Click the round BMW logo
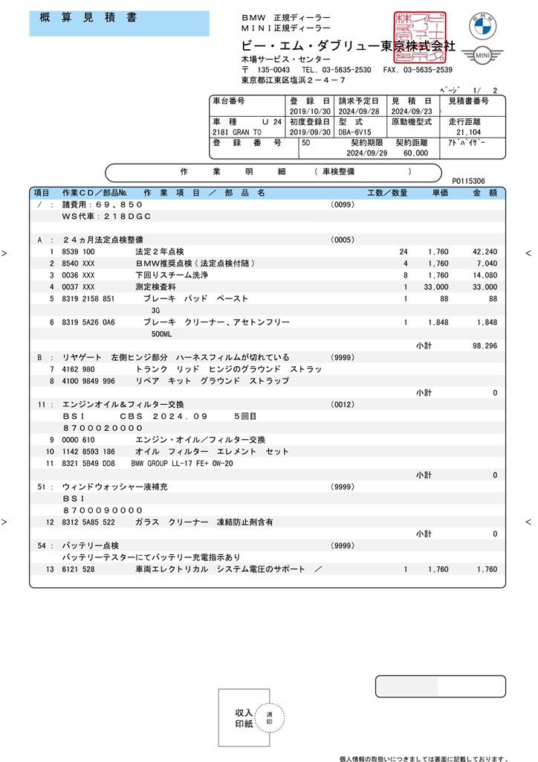click(482, 26)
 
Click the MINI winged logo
click(482, 56)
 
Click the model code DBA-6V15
click(355, 132)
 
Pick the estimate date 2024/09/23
click(412, 111)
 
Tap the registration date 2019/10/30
click(306, 111)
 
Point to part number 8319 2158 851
click(88, 298)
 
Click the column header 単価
click(441, 193)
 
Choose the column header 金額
click(483, 193)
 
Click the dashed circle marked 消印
click(269, 718)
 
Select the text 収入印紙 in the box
click(244, 718)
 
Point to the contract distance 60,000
click(416, 153)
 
